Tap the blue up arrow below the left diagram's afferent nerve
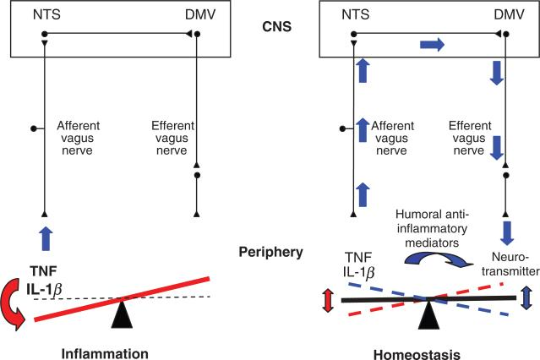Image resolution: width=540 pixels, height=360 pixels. click(43, 238)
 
